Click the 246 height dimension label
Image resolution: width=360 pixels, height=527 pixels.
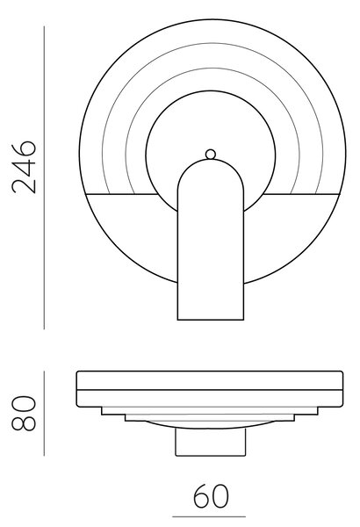coord(24,167)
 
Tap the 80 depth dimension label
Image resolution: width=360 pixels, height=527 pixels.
coord(24,414)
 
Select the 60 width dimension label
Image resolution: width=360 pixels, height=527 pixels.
coord(211,495)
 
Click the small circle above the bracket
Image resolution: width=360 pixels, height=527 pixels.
coord(211,155)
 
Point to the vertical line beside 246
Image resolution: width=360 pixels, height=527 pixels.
coord(44,177)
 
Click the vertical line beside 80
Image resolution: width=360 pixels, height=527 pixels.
coord(44,414)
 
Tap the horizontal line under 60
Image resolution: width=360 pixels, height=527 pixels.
coord(209,516)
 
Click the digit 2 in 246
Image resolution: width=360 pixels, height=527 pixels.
coord(24,185)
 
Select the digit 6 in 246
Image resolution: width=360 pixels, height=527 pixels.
coord(24,149)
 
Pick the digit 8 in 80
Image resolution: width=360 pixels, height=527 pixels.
coord(24,422)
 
